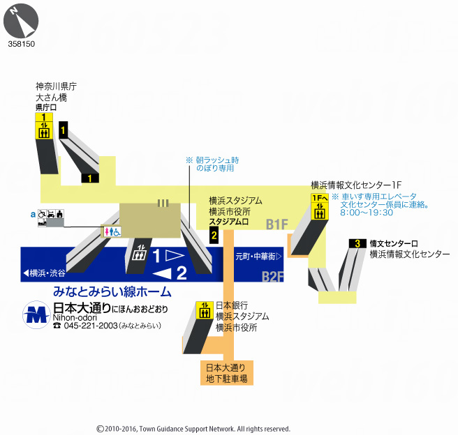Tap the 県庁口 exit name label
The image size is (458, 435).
(x=46, y=108)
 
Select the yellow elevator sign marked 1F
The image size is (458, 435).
(x=319, y=207)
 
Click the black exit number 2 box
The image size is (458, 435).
(x=214, y=235)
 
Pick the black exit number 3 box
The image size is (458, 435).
(x=357, y=243)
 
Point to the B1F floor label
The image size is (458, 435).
(x=276, y=224)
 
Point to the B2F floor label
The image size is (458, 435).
(x=273, y=277)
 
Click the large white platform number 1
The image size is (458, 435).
(x=157, y=254)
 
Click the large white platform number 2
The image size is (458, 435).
(x=181, y=272)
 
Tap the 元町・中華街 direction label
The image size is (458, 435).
(x=258, y=256)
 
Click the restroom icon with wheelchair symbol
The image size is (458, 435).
(x=112, y=230)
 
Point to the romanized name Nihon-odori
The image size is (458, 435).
(x=72, y=317)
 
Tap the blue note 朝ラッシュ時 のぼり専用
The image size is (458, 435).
(x=214, y=164)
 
